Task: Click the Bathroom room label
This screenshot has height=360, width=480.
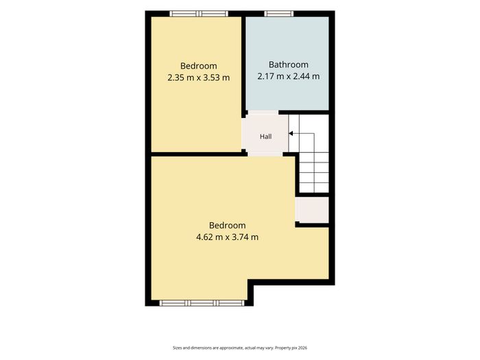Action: point(289,64)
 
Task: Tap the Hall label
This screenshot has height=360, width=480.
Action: point(266,136)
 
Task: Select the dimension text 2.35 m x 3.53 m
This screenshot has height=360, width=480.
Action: point(198,77)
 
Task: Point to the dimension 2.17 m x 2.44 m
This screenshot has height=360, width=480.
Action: point(289,76)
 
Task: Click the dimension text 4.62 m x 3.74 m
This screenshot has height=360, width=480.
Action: point(227,237)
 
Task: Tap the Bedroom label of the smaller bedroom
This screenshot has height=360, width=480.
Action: point(198,66)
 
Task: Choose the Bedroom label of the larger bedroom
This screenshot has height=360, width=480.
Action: point(227,226)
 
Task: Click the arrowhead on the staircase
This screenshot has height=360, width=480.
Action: point(291,134)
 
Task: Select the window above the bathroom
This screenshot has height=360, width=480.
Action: point(279,14)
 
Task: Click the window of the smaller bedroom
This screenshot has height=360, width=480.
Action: point(199,14)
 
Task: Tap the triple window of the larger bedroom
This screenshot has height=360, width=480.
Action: point(202,303)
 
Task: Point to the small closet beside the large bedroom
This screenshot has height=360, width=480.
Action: point(312,210)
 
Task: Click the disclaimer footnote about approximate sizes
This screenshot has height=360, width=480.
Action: point(240,348)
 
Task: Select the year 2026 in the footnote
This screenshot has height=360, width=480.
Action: point(303,348)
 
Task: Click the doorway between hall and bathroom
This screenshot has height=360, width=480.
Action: point(263,112)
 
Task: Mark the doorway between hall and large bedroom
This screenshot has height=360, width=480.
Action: point(265,154)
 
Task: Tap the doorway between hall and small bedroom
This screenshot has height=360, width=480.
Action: point(244,134)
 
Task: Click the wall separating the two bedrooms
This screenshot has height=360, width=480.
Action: point(200,154)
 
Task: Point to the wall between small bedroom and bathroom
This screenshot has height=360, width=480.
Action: point(243,65)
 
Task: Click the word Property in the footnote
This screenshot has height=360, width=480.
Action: point(283,348)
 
